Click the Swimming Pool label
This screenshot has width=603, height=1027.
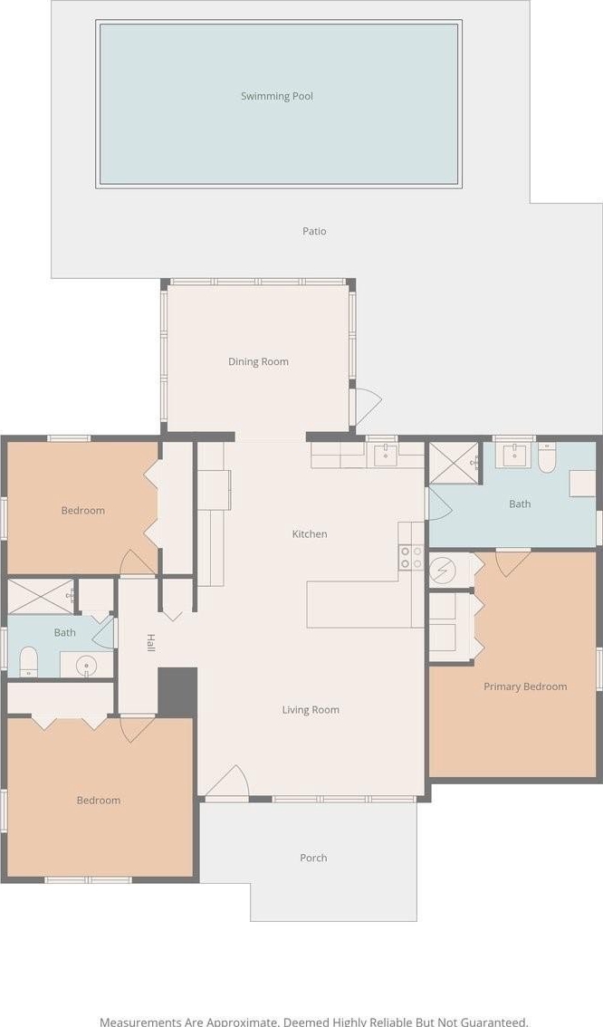(277, 96)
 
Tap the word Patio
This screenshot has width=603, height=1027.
(314, 231)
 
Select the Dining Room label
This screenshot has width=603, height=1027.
(258, 361)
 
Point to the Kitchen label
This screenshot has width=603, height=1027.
(310, 533)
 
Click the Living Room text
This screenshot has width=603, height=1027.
(311, 710)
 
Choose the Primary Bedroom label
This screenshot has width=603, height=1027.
(525, 686)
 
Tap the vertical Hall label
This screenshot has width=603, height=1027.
(150, 642)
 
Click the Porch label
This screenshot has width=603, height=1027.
(313, 858)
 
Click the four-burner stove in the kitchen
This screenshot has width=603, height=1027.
(411, 557)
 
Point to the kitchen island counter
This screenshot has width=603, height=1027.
(359, 604)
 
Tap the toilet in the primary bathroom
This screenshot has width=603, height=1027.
(547, 458)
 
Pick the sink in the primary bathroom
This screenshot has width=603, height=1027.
(513, 456)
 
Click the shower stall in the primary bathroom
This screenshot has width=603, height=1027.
(454, 464)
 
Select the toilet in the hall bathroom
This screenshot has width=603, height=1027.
(28, 661)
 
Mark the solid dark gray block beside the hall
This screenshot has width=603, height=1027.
(177, 692)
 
